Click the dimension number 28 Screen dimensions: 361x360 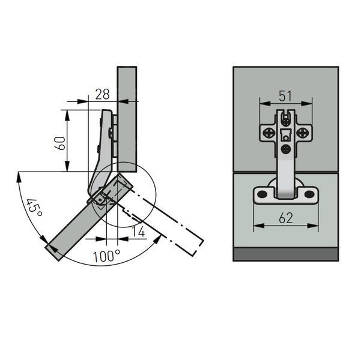(x=103, y=94)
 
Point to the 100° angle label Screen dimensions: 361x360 (x=106, y=256)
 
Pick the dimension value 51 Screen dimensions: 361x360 (x=285, y=96)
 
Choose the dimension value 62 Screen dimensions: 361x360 (x=286, y=218)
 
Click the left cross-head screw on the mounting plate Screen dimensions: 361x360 (x=269, y=133)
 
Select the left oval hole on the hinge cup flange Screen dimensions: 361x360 (x=262, y=194)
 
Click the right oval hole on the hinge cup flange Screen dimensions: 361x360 (x=309, y=194)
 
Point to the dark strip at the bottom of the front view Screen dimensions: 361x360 (x=286, y=254)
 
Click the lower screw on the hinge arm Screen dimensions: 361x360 (x=286, y=149)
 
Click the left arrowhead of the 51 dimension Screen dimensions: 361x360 (x=265, y=104)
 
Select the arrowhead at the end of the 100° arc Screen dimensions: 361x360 (x=157, y=239)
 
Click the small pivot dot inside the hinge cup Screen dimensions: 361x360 (x=100, y=200)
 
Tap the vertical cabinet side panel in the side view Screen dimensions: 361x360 (x=127, y=119)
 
